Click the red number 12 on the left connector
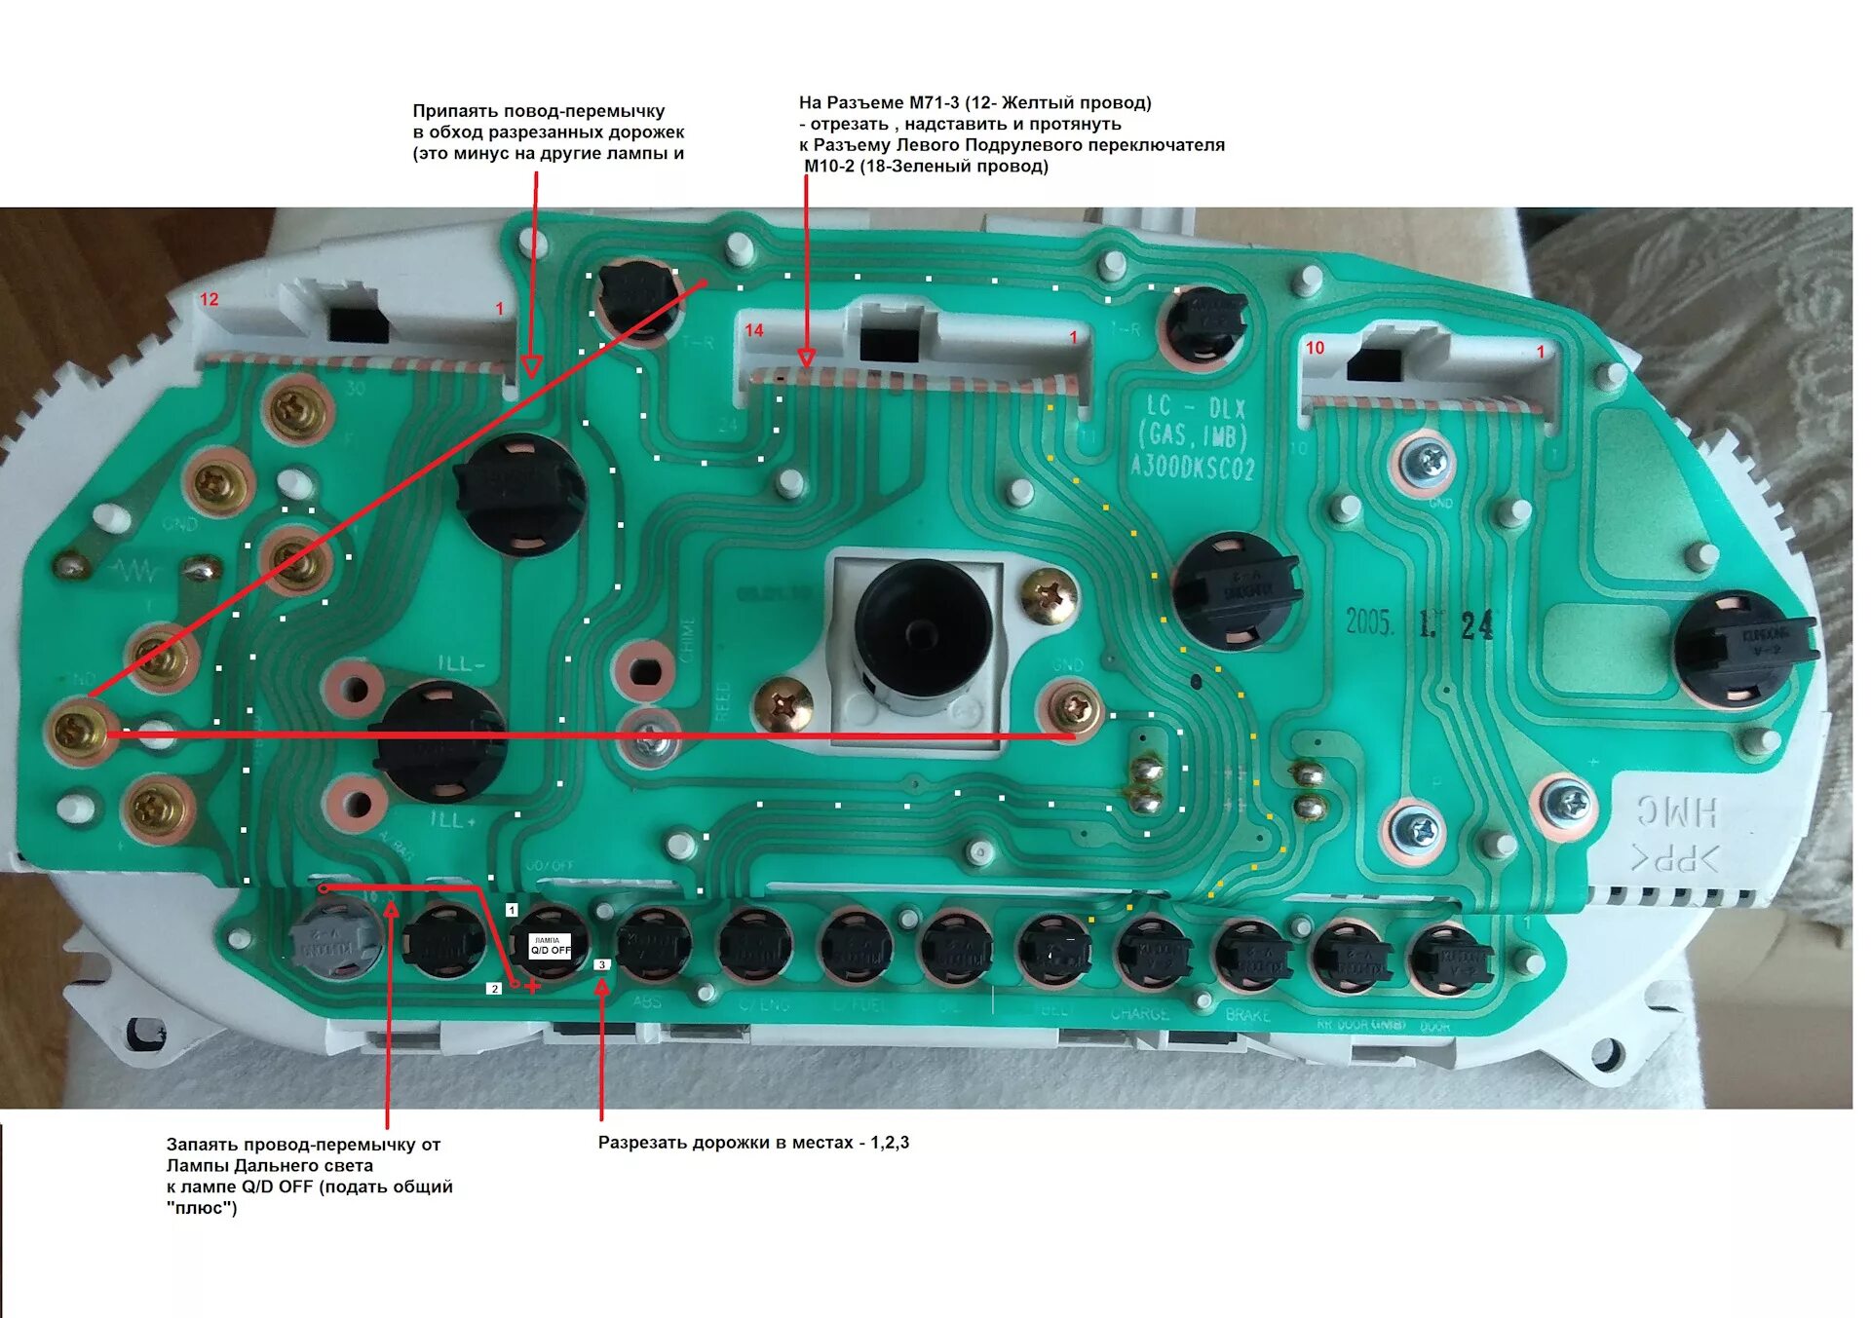click(210, 299)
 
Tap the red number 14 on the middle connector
click(753, 330)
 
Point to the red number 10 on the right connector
click(1315, 348)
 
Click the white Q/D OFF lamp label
click(550, 946)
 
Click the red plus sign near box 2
click(532, 987)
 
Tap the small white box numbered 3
click(601, 964)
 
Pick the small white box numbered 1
click(512, 910)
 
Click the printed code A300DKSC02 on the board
click(1192, 469)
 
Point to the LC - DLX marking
click(1195, 407)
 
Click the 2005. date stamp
click(1370, 622)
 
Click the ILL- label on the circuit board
click(460, 664)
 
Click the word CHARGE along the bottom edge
click(1139, 1014)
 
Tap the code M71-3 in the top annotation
click(934, 102)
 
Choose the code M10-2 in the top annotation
click(828, 167)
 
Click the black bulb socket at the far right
click(1742, 646)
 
